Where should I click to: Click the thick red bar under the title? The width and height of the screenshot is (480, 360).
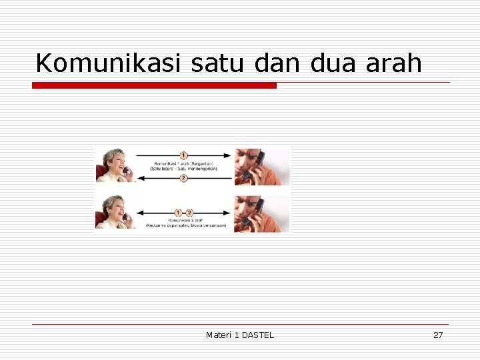[x=154, y=85]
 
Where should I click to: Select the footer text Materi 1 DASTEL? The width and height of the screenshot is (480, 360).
[x=240, y=335]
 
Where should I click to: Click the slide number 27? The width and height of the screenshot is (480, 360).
[x=438, y=335]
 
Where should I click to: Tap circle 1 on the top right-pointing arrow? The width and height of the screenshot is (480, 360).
[x=184, y=155]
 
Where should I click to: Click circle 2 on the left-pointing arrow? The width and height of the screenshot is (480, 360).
[x=184, y=178]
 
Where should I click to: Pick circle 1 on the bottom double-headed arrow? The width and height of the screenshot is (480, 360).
[x=178, y=212]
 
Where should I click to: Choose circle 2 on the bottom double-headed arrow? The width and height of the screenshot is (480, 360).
[x=190, y=212]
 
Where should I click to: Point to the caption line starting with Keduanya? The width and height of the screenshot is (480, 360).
[x=186, y=225]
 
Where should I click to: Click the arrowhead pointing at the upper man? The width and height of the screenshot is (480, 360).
[x=229, y=155]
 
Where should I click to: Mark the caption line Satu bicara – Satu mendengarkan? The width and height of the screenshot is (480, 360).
[x=184, y=169]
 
